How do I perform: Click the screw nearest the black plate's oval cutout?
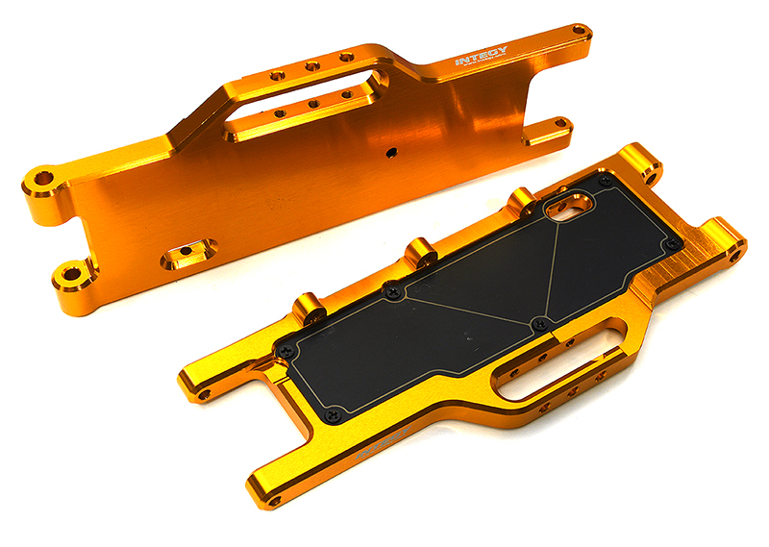[605, 180]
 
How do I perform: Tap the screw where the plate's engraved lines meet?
[539, 323]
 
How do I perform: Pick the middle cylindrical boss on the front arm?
[420, 254]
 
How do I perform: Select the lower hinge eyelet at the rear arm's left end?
[69, 277]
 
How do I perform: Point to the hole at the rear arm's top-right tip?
[579, 30]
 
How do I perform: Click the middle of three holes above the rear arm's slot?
[311, 66]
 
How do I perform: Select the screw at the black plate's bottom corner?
[333, 415]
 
